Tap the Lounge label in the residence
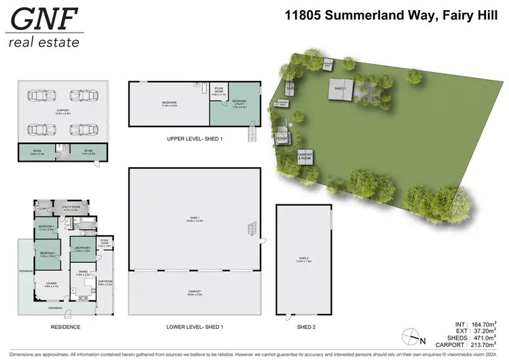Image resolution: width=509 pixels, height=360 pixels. tap(51, 285)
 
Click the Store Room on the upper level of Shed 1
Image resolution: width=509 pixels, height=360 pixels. tap(219, 94)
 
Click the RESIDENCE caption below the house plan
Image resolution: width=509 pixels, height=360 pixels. tap(66, 327)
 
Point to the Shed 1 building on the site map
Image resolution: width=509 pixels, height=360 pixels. tap(339, 88)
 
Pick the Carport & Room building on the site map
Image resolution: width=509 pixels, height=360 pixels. tap(306, 157)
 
